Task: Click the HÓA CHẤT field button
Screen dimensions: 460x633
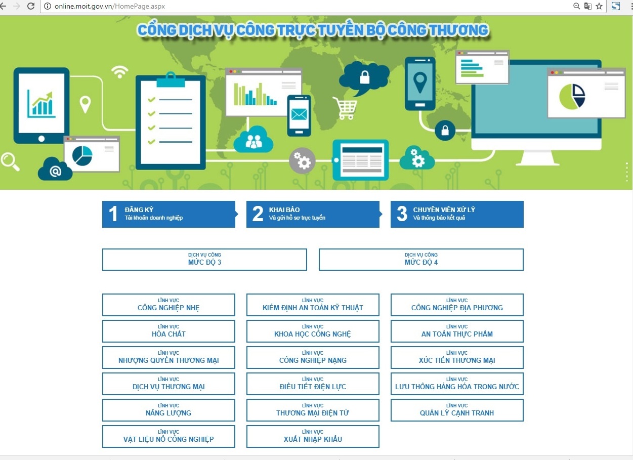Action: pos(168,331)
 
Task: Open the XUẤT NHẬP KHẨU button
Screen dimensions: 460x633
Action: pos(313,437)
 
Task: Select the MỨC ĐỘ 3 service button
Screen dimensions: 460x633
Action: pos(204,260)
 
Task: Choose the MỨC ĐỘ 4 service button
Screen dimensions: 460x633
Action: pos(421,260)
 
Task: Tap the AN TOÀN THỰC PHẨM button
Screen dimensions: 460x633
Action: pos(457,331)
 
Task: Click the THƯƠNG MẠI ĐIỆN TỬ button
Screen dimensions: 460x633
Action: pos(313,410)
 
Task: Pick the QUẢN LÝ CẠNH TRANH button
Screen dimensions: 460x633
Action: pos(457,410)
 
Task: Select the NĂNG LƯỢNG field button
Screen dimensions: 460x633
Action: pos(168,410)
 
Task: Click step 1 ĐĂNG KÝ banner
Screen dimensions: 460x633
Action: pos(168,214)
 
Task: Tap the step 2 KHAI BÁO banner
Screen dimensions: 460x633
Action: pos(313,214)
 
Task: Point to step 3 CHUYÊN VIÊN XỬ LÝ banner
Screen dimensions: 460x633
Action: pos(457,214)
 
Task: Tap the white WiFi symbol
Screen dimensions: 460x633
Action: pos(120,72)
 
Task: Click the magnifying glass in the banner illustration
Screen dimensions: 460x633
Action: pos(10,161)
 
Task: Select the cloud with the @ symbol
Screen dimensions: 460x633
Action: pos(55,170)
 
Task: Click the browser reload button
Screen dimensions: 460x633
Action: pos(31,6)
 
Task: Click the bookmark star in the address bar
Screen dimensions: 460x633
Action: pos(599,6)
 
